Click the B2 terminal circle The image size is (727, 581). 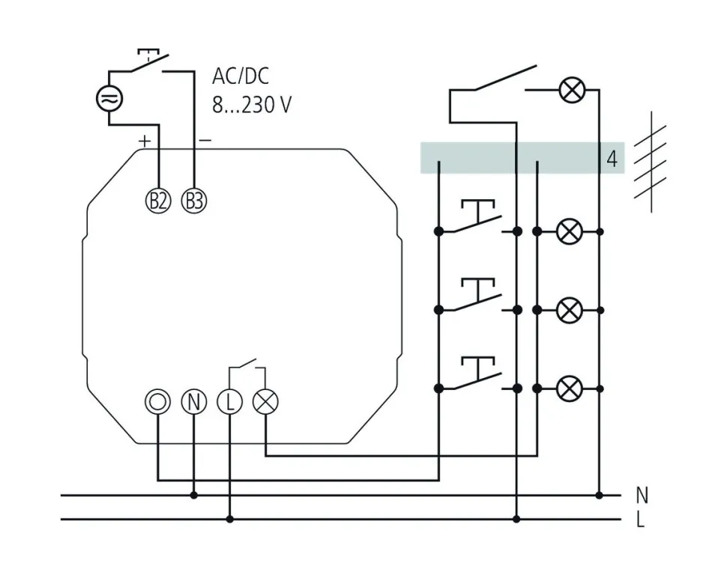[x=158, y=200]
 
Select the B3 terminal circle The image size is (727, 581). [x=194, y=200]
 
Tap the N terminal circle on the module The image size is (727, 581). [x=193, y=402]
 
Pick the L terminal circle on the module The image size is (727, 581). [x=229, y=402]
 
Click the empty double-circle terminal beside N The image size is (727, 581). [x=158, y=402]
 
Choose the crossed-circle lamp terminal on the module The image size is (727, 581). [x=265, y=402]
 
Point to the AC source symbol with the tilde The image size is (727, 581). [x=109, y=98]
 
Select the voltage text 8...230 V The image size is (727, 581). [x=251, y=104]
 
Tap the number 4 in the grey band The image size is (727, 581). [x=612, y=159]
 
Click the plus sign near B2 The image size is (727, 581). [x=145, y=140]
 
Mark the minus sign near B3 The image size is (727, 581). [x=205, y=140]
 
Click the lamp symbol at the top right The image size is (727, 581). [x=572, y=91]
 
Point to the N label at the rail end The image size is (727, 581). [x=641, y=495]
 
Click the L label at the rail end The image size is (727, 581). [x=640, y=520]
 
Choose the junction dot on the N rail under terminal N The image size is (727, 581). [x=193, y=495]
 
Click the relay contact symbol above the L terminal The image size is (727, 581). [x=247, y=368]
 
